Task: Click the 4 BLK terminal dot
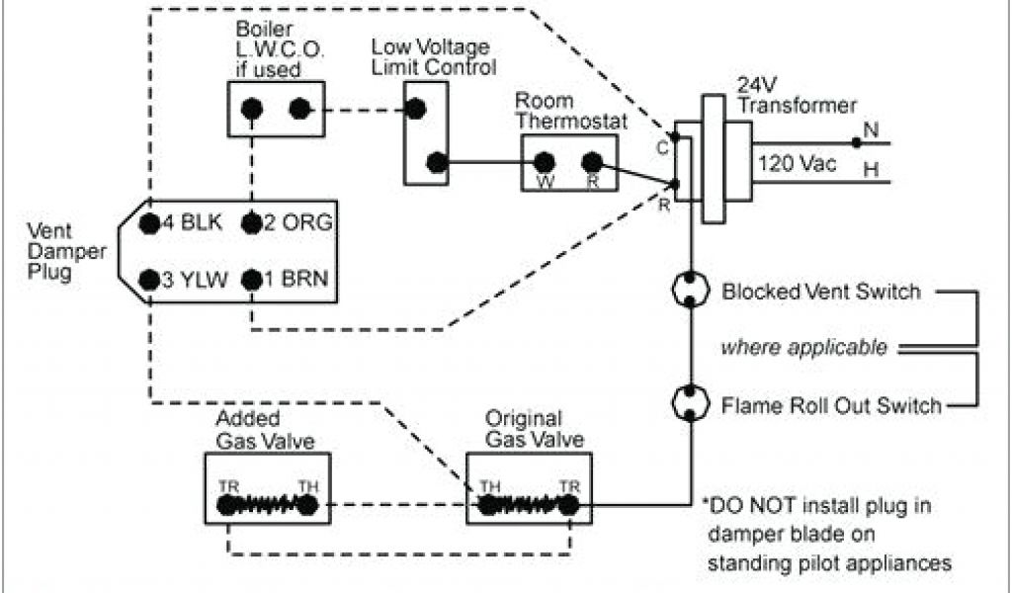149,222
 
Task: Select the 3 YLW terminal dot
149,280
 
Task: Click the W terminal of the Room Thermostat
544,162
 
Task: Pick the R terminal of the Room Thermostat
591,162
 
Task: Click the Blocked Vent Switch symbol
692,292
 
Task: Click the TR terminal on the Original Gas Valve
568,505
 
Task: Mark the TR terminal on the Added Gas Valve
228,505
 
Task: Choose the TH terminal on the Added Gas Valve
308,505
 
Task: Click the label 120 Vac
797,164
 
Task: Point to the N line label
871,127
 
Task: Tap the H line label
871,170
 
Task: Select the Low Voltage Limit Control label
432,56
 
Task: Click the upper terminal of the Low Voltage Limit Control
416,108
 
